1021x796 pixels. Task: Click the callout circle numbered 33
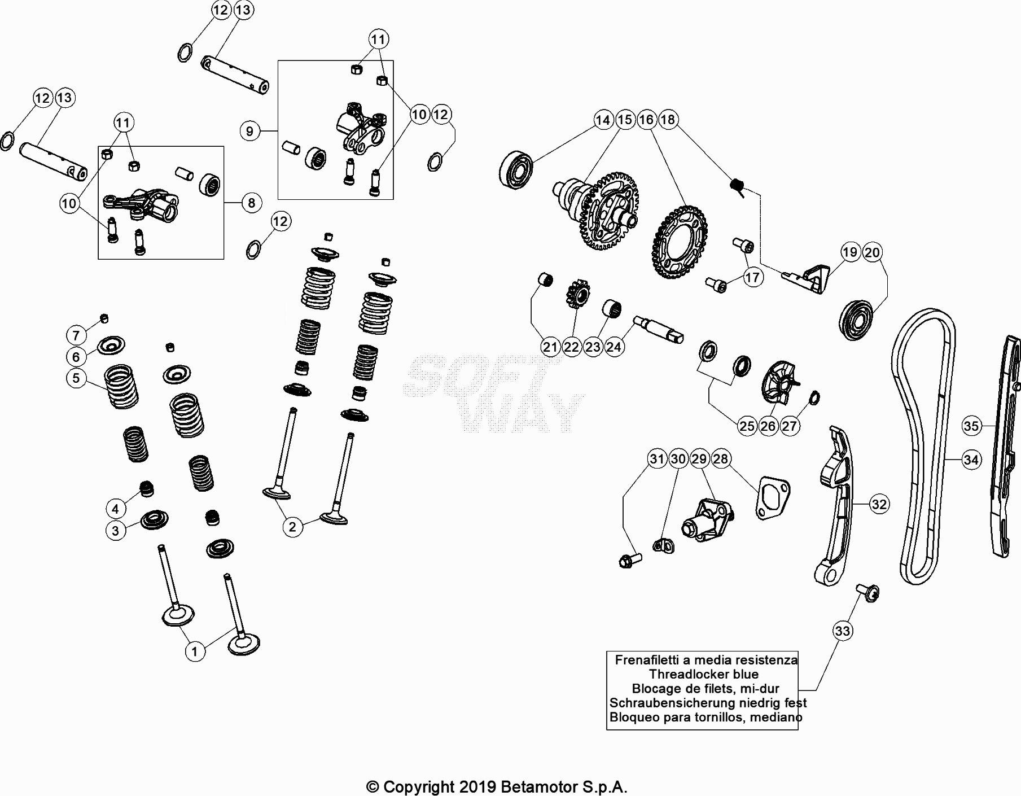pyautogui.click(x=842, y=631)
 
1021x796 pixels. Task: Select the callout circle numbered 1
pyautogui.click(x=195, y=651)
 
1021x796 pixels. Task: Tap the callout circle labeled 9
pyautogui.click(x=249, y=132)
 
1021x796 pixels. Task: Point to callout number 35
pyautogui.click(x=971, y=426)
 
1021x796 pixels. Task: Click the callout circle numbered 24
pyautogui.click(x=614, y=347)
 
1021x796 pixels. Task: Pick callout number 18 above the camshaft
pyautogui.click(x=667, y=120)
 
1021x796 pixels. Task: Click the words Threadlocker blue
pyautogui.click(x=703, y=674)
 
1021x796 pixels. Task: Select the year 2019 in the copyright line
pyautogui.click(x=477, y=787)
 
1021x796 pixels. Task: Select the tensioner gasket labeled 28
pyautogui.click(x=772, y=497)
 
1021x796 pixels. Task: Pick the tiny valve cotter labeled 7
pyautogui.click(x=104, y=319)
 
